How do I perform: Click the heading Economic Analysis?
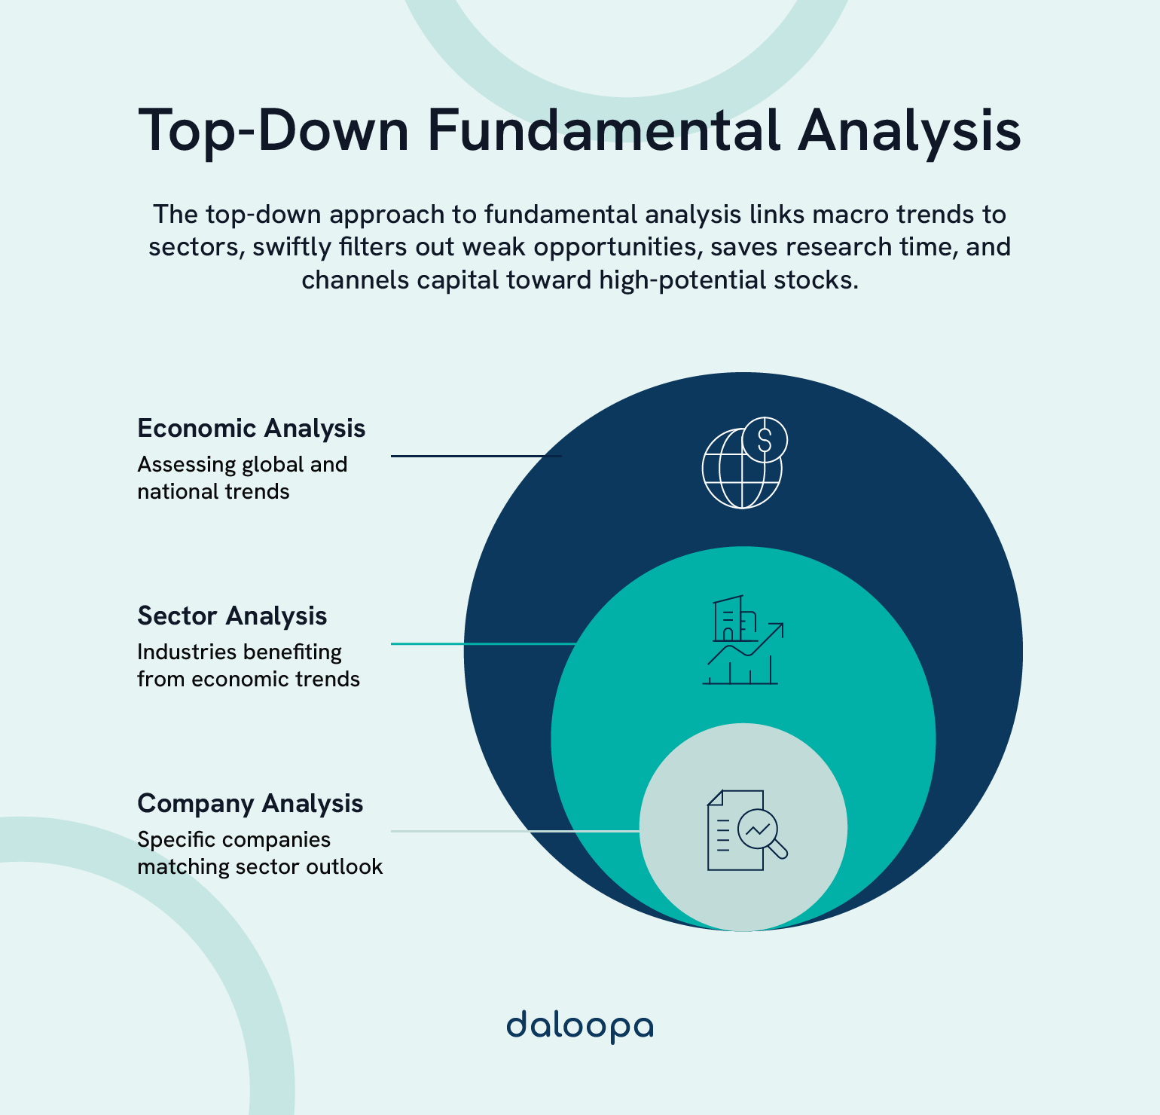pos(251,428)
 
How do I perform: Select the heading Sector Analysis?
pos(232,616)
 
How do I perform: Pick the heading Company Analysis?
pos(250,803)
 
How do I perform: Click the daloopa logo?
pos(579,1026)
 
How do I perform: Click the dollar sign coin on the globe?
pos(765,438)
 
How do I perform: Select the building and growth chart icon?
pos(743,640)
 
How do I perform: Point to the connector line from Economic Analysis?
pos(476,456)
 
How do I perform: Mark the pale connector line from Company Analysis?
pos(514,831)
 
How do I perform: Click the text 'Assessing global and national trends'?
pos(242,478)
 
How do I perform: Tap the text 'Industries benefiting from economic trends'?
pos(248,665)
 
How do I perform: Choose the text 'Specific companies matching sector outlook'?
pos(260,853)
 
